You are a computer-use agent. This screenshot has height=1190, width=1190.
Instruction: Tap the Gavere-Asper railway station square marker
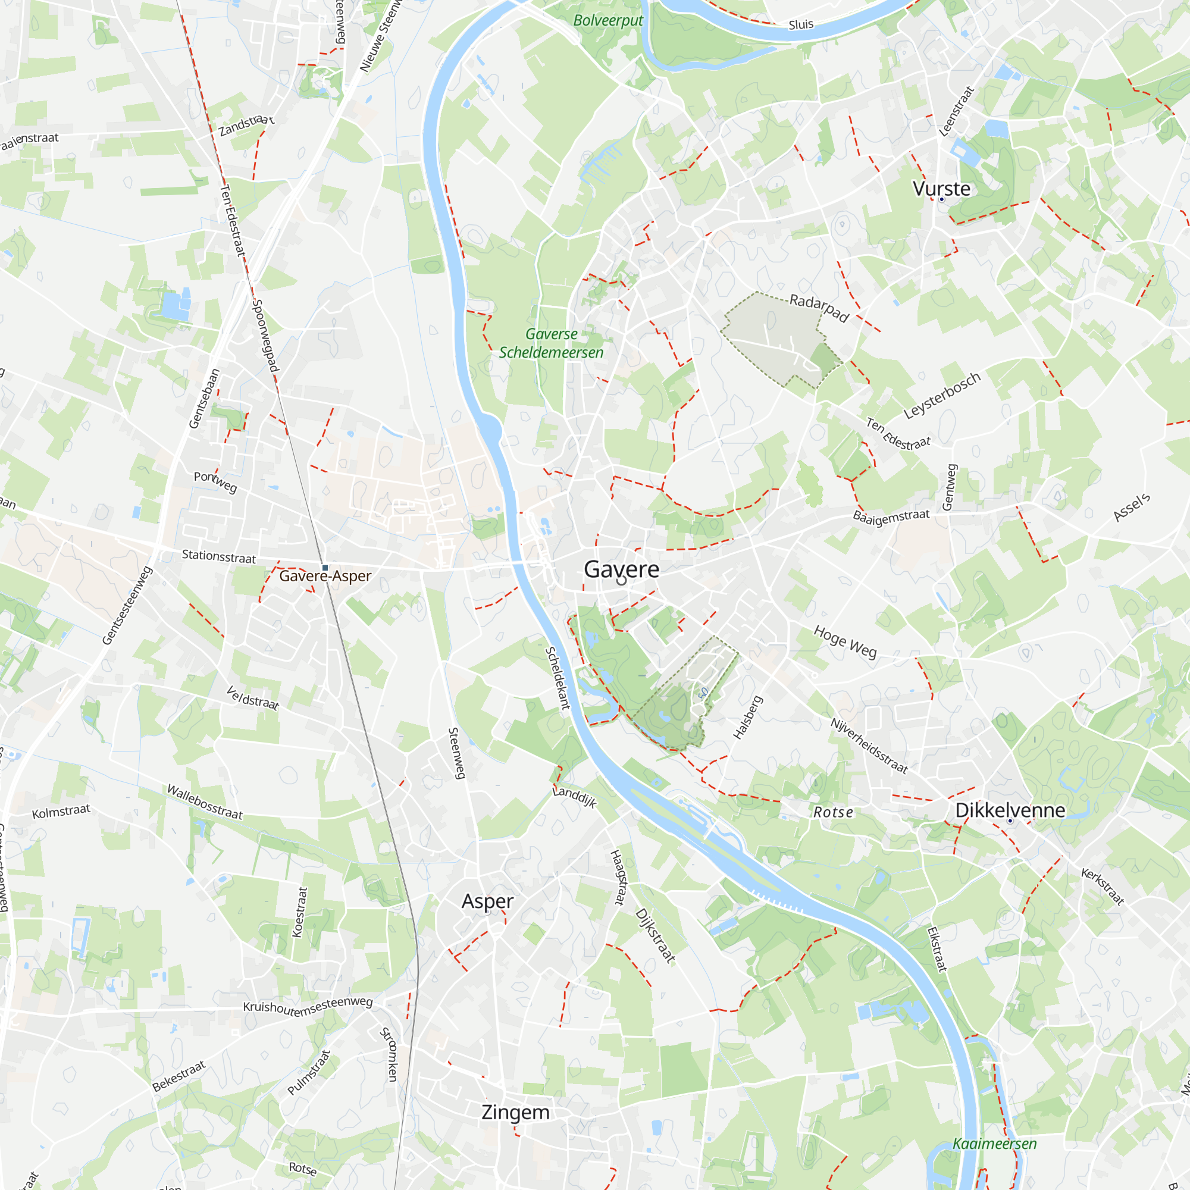[325, 568]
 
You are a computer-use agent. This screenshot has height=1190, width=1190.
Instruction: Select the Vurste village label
[941, 189]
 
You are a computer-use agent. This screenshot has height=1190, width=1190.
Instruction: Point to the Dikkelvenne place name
[1010, 810]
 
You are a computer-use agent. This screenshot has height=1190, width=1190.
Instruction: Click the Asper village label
[487, 901]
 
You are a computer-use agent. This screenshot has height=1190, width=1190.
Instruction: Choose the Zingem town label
[515, 1113]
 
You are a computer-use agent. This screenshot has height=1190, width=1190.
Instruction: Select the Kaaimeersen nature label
[994, 1144]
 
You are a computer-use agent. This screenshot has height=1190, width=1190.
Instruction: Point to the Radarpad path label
[819, 308]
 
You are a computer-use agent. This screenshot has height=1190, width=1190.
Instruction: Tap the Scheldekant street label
[558, 678]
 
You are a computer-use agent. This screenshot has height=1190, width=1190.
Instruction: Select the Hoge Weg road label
[845, 642]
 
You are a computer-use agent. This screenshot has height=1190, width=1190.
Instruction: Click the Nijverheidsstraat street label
[869, 746]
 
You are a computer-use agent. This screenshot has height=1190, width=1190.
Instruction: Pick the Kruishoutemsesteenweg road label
[308, 1006]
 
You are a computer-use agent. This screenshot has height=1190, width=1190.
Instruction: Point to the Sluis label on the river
[801, 24]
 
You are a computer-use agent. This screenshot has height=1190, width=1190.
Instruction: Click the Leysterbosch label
[942, 396]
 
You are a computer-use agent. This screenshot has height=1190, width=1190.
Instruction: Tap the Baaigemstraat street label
[891, 516]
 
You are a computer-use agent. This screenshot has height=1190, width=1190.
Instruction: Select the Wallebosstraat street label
[205, 802]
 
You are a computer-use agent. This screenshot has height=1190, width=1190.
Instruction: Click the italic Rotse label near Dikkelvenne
[834, 812]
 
